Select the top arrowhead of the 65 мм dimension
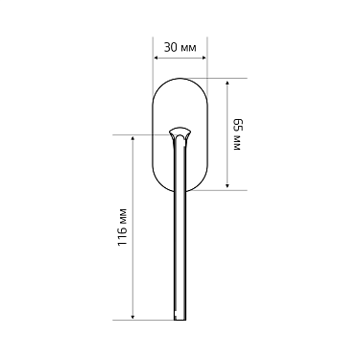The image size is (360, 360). [227, 82]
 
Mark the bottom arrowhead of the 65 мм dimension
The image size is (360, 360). [227, 186]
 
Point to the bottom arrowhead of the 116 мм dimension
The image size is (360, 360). [132, 316]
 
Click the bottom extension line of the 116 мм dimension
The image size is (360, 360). [149, 320]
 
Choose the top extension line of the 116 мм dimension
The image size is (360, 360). [144, 134]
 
